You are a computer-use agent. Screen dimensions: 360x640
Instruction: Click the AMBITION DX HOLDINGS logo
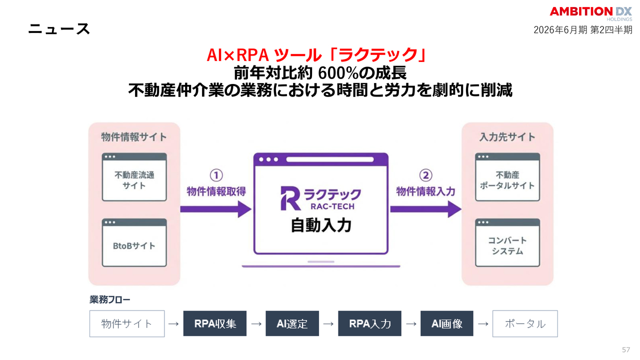pos(590,13)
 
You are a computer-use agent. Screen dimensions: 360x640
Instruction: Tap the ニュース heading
pos(59,28)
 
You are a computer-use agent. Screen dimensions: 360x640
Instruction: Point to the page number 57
pos(625,349)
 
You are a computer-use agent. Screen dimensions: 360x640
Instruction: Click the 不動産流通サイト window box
pos(134,177)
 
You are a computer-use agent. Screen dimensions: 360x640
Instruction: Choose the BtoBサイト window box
pos(134,242)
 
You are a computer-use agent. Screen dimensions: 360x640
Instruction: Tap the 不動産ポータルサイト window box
pos(507,177)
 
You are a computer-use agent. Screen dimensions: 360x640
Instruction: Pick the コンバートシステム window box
pos(507,242)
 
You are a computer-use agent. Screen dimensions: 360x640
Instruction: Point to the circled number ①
pos(216,175)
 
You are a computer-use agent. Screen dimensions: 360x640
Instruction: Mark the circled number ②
pos(425,175)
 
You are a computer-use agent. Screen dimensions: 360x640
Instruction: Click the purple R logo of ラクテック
pos(289,197)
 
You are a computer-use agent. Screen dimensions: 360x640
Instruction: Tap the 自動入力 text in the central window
pos(321,226)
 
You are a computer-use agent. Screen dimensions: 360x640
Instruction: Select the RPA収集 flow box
pos(215,323)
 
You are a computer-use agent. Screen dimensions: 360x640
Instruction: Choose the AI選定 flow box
pos(292,323)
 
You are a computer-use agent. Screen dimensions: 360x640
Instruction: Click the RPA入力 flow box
pos(370,323)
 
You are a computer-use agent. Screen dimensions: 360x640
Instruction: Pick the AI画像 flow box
pos(447,323)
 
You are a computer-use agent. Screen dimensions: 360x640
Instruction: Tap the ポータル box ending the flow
pos(525,323)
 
